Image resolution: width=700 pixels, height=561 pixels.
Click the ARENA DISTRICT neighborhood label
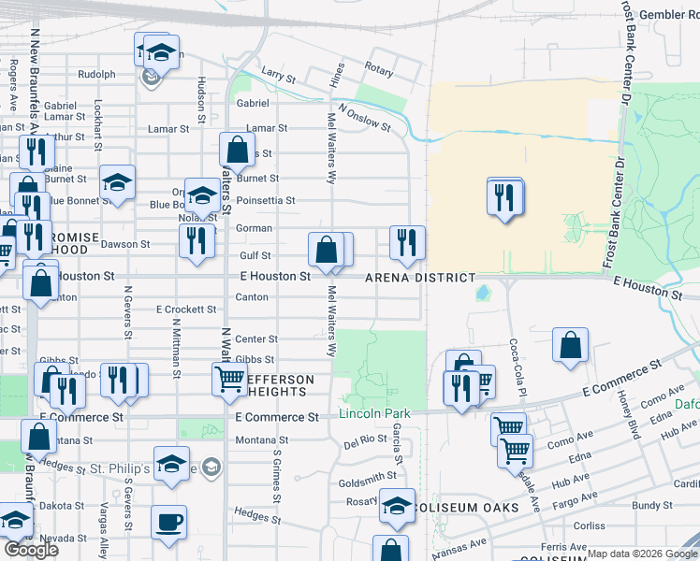(420, 278)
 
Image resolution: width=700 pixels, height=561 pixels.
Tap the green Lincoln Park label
(374, 413)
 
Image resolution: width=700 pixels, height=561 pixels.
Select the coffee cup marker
(168, 524)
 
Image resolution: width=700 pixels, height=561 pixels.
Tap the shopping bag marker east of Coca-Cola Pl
(570, 346)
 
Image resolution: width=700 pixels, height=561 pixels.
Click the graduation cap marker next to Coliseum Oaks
(397, 506)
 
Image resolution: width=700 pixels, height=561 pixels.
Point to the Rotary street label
(378, 69)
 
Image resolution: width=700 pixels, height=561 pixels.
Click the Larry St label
(278, 72)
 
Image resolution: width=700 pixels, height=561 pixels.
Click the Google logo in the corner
(31, 550)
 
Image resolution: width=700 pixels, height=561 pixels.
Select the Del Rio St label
(365, 439)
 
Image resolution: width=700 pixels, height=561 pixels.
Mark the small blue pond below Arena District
(482, 294)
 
